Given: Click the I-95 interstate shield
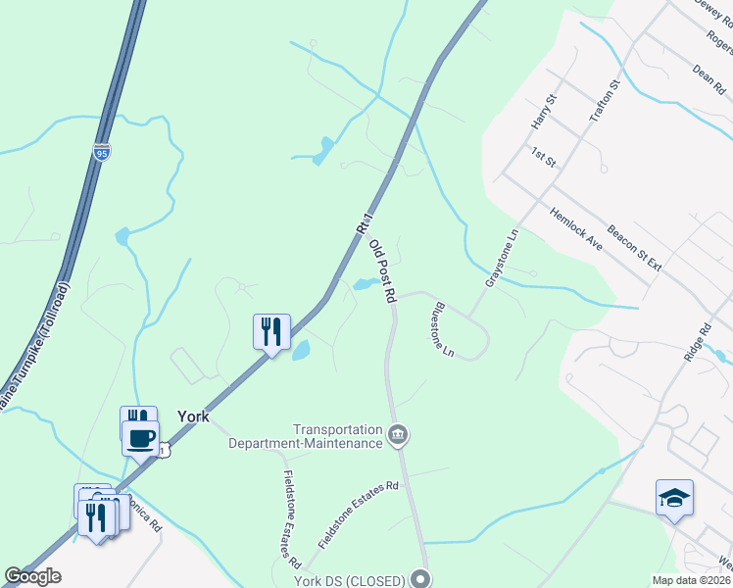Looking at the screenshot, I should tap(102, 152).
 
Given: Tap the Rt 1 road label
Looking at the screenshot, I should tap(365, 223).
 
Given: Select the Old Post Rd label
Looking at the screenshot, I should tap(382, 271).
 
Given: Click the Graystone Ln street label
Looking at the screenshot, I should tap(500, 259).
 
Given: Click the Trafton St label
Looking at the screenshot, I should tap(605, 101).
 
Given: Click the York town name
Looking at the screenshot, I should tap(193, 416).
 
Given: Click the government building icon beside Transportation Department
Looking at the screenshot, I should tap(398, 434).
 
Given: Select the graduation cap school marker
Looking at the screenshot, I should tap(674, 498).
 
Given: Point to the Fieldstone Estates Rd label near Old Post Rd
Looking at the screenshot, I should tap(359, 514).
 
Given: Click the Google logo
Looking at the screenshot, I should tap(32, 576).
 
